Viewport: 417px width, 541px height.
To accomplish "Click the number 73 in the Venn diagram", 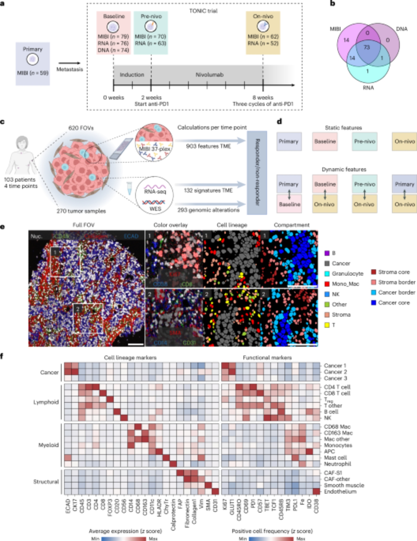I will [x=367, y=47].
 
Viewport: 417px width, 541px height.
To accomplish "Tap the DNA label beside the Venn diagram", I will [x=402, y=29].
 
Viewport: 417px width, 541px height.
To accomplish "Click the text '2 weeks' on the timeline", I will [x=151, y=97].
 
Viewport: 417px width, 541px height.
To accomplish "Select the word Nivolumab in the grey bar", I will [x=209, y=75].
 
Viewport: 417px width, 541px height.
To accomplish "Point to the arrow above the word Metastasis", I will [x=69, y=63].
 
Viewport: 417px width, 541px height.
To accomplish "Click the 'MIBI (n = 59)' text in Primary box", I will [x=32, y=73].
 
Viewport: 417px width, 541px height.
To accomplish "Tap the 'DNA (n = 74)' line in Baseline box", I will [x=113, y=50].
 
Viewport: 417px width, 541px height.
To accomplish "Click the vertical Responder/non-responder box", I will [x=257, y=172].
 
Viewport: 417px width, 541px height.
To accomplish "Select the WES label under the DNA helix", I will [x=155, y=209].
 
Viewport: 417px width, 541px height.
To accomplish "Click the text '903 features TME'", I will [x=208, y=146].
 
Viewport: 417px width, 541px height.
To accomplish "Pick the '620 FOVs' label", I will [x=81, y=128].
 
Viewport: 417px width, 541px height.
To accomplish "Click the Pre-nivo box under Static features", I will [x=365, y=141].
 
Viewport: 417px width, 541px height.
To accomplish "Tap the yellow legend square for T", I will [x=327, y=325].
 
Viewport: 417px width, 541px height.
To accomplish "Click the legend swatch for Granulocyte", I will [x=327, y=274].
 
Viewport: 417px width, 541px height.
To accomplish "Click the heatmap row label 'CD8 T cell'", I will [x=337, y=393].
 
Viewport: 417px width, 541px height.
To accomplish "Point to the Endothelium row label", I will [x=340, y=491].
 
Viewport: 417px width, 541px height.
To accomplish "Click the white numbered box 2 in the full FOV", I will [x=78, y=309].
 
